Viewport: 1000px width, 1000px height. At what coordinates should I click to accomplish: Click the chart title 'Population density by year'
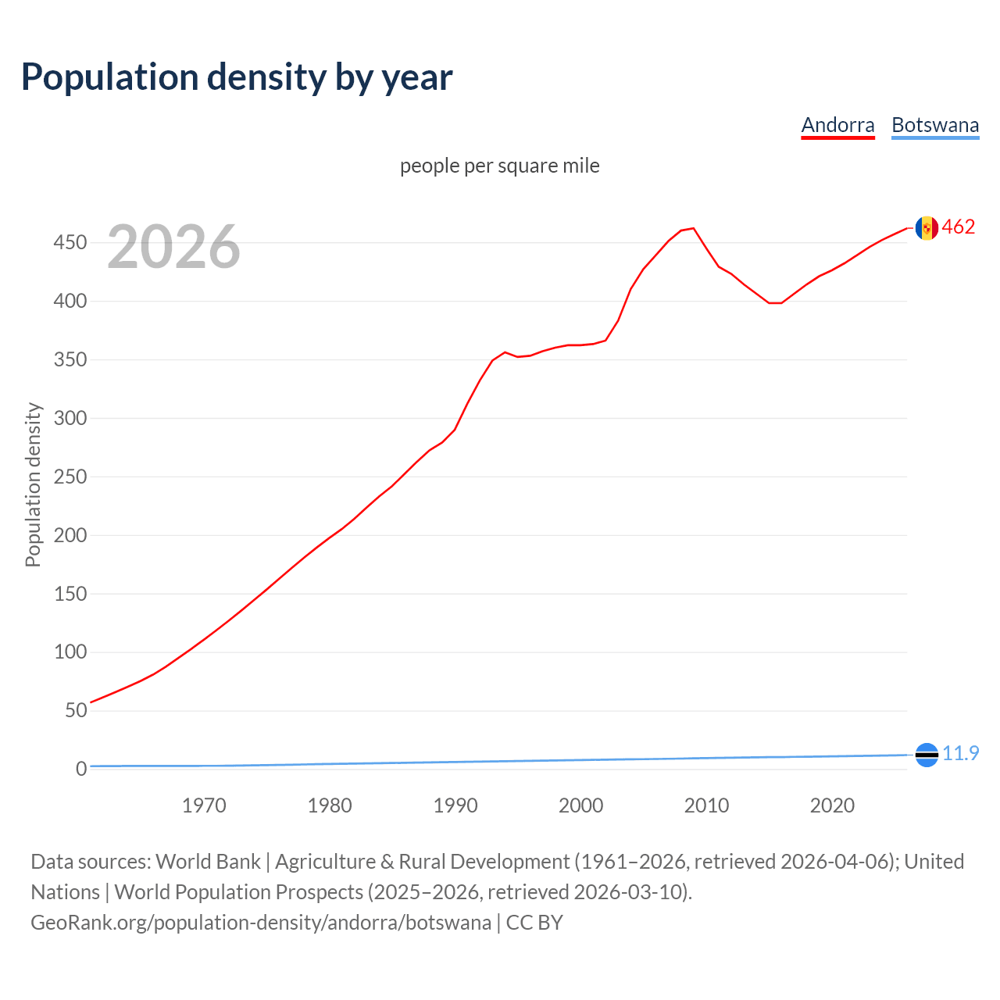(x=237, y=77)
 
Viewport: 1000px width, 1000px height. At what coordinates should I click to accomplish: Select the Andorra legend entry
(x=837, y=125)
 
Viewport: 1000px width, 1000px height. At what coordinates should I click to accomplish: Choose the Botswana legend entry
(x=934, y=125)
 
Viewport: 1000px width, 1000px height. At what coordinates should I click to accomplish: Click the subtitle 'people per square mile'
(x=499, y=166)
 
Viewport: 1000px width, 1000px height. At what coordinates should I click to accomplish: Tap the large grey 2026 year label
(x=173, y=247)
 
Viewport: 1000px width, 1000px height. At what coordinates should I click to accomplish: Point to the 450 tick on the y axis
(x=70, y=243)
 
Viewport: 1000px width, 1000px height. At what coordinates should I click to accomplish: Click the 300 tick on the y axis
(x=70, y=418)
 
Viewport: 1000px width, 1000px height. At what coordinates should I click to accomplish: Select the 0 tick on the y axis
(x=80, y=769)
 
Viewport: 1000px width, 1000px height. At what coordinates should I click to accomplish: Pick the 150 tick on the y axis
(x=70, y=594)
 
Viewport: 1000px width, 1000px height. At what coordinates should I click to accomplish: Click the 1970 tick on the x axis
(x=204, y=805)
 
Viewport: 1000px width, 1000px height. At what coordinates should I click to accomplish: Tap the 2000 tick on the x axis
(x=580, y=805)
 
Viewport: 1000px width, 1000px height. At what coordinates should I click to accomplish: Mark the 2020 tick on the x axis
(x=832, y=805)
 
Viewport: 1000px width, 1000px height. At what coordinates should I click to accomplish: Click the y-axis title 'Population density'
(x=33, y=484)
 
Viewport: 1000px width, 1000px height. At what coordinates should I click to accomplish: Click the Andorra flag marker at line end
(x=927, y=228)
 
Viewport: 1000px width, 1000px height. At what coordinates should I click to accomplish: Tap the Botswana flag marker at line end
(x=927, y=755)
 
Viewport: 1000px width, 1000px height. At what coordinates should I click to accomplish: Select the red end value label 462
(x=959, y=227)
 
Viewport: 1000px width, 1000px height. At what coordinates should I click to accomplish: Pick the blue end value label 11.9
(x=960, y=753)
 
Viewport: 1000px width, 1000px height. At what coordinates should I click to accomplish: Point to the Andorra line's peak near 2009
(x=693, y=228)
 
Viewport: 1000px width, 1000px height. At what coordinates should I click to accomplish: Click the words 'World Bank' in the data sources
(x=208, y=862)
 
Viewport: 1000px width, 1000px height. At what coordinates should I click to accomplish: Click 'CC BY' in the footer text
(x=534, y=923)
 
